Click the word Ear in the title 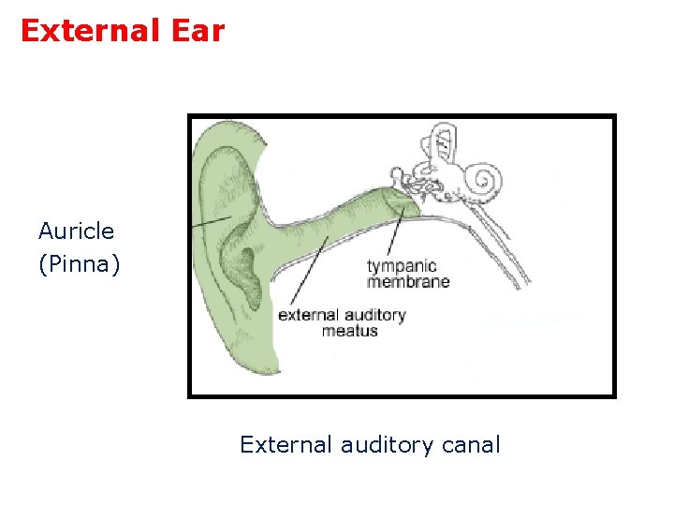(x=197, y=32)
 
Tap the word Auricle (x=76, y=231)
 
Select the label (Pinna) (x=79, y=264)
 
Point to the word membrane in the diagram (x=408, y=281)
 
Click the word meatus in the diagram (x=350, y=331)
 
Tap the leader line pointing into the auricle (x=210, y=221)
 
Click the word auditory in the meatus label (x=373, y=315)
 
